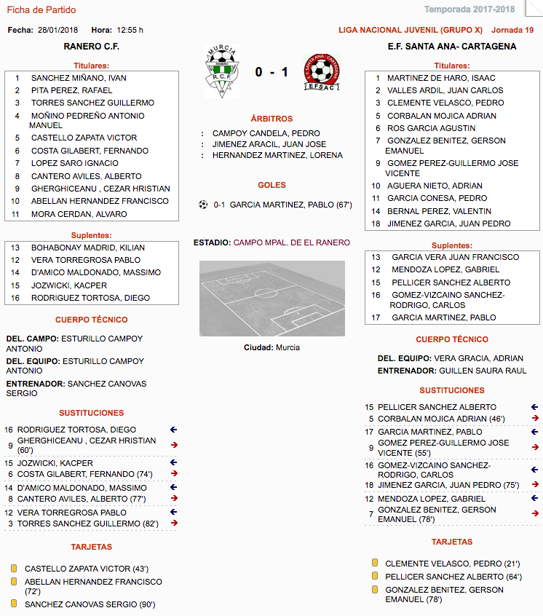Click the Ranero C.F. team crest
(222, 71)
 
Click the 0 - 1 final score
(271, 72)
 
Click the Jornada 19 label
(512, 30)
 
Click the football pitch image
(272, 299)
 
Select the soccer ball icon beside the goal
(203, 205)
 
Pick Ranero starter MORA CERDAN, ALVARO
(79, 214)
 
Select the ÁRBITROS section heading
(271, 119)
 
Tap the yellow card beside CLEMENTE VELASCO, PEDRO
(375, 563)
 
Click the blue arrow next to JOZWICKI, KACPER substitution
(173, 462)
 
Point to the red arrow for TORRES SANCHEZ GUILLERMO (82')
(173, 523)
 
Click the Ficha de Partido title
(41, 10)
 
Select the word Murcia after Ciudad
(288, 347)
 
